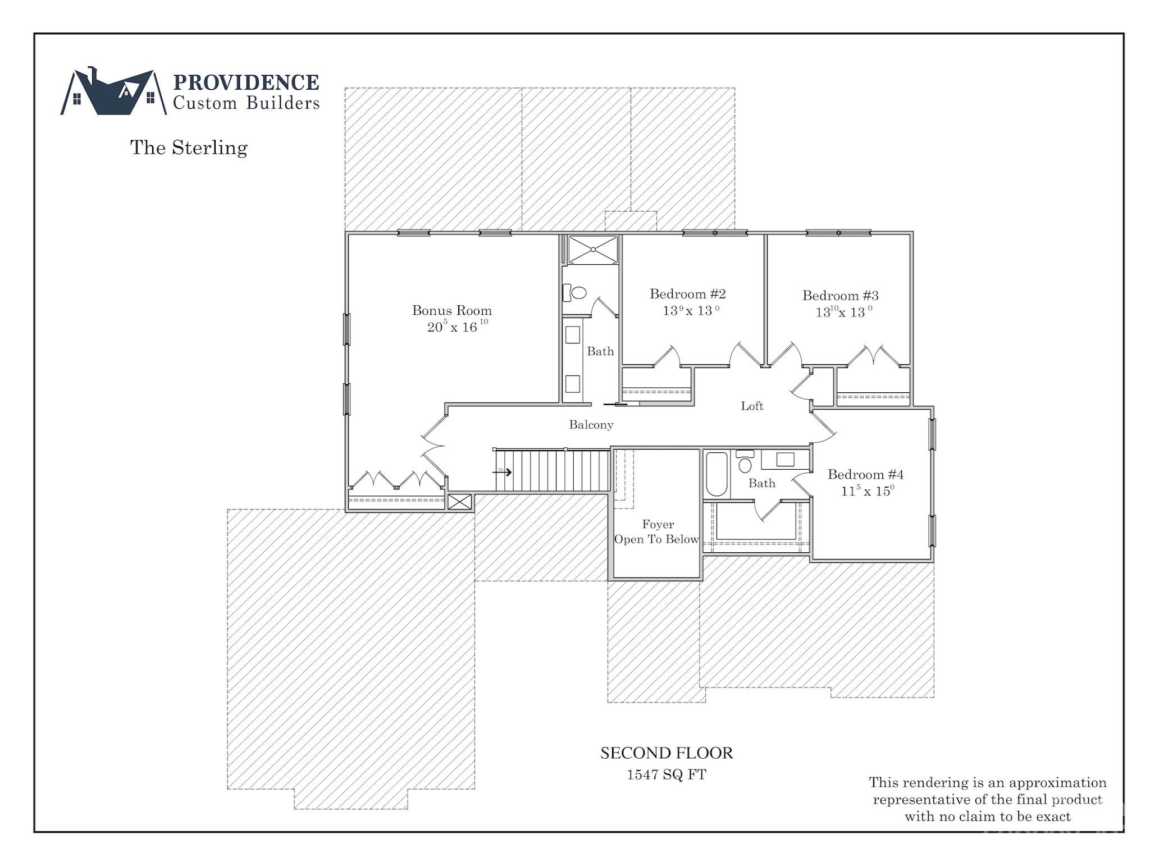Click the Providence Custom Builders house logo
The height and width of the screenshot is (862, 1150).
point(113,93)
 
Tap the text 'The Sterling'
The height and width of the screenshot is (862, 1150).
point(189,148)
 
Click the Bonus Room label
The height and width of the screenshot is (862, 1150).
point(451,310)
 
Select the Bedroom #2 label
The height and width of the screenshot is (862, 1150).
point(687,294)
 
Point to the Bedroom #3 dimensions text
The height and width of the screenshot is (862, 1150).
point(843,312)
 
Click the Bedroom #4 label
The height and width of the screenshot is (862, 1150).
point(865,475)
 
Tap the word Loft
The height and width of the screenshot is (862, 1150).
point(752,406)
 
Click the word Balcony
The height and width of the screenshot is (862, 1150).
point(591,425)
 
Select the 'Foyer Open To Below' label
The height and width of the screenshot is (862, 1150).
point(656,532)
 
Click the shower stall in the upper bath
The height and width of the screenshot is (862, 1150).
point(592,249)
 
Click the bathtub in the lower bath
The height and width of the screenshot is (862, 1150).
point(716,475)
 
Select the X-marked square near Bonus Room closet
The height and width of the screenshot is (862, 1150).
point(460,502)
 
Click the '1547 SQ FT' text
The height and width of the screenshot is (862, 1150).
point(666,775)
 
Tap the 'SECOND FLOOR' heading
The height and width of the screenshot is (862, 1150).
point(667,753)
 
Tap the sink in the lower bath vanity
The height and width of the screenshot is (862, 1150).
point(785,460)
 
